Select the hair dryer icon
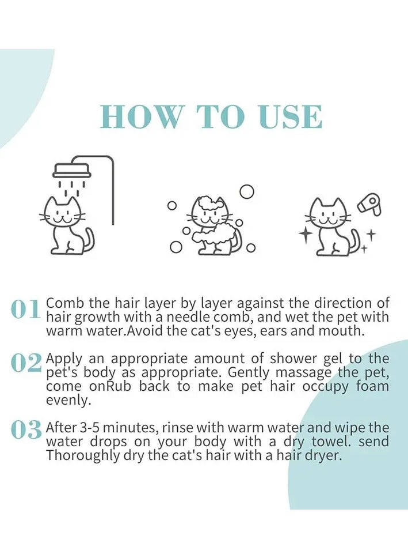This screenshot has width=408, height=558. point(369,204)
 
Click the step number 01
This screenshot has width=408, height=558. point(25,309)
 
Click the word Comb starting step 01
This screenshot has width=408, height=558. point(66,304)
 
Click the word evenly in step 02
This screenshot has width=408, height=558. point(66,401)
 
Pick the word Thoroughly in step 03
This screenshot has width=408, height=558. point(82,456)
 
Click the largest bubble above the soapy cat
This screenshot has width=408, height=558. point(247,191)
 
